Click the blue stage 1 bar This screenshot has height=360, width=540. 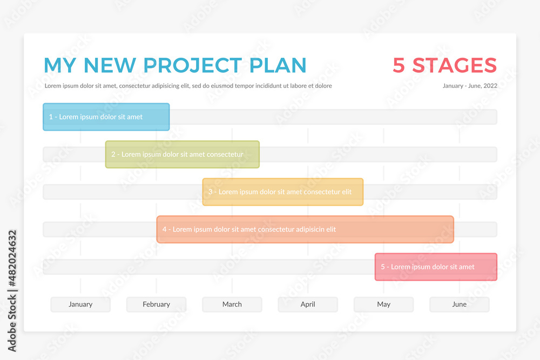click(x=106, y=117)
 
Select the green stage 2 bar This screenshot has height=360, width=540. click(x=182, y=154)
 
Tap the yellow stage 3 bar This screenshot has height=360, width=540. click(x=283, y=192)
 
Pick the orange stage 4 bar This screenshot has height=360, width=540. click(x=305, y=229)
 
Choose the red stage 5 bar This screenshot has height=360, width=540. click(x=436, y=267)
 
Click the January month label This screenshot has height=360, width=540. click(x=80, y=304)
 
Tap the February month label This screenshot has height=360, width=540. click(x=157, y=304)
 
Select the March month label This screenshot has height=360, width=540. click(x=232, y=304)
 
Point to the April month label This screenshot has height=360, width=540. click(x=308, y=304)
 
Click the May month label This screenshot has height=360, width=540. click(x=383, y=304)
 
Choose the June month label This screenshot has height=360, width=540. click(x=460, y=304)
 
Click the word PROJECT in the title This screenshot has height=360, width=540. click(x=193, y=65)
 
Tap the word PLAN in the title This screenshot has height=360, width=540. click(x=278, y=65)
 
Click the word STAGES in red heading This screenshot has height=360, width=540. click(x=455, y=65)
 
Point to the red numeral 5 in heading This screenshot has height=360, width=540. click(x=399, y=65)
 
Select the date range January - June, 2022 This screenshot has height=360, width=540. click(x=470, y=86)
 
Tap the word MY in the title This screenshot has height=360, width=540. click(x=60, y=65)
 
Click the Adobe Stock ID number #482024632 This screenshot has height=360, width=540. click(x=12, y=259)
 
